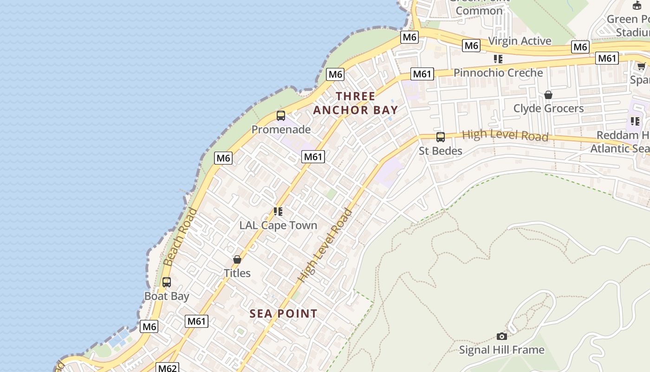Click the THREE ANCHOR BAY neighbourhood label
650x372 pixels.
pos(355,103)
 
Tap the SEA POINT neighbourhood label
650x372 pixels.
pos(283,314)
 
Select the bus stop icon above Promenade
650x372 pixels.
pos(281,116)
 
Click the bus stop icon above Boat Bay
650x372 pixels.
pos(167,282)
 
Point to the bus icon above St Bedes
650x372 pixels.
pos(440,137)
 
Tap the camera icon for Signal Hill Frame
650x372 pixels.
pos(501,336)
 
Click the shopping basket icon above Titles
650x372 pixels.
pos(237,259)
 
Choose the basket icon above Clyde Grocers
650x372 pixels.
pos(548,95)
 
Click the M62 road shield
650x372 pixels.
pos(168,368)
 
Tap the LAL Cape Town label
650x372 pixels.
pos(278,226)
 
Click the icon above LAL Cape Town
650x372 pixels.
pos(278,212)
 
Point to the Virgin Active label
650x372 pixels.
pos(520,41)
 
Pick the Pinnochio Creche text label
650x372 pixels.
pos(498,73)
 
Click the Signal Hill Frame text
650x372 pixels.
pos(501,350)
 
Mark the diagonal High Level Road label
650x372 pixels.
pos(325,246)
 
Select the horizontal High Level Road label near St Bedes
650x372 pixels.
pos(505,136)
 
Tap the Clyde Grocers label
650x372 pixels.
pos(548,109)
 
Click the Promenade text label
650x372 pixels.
pos(281,129)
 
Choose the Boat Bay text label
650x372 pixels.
pos(167,296)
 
